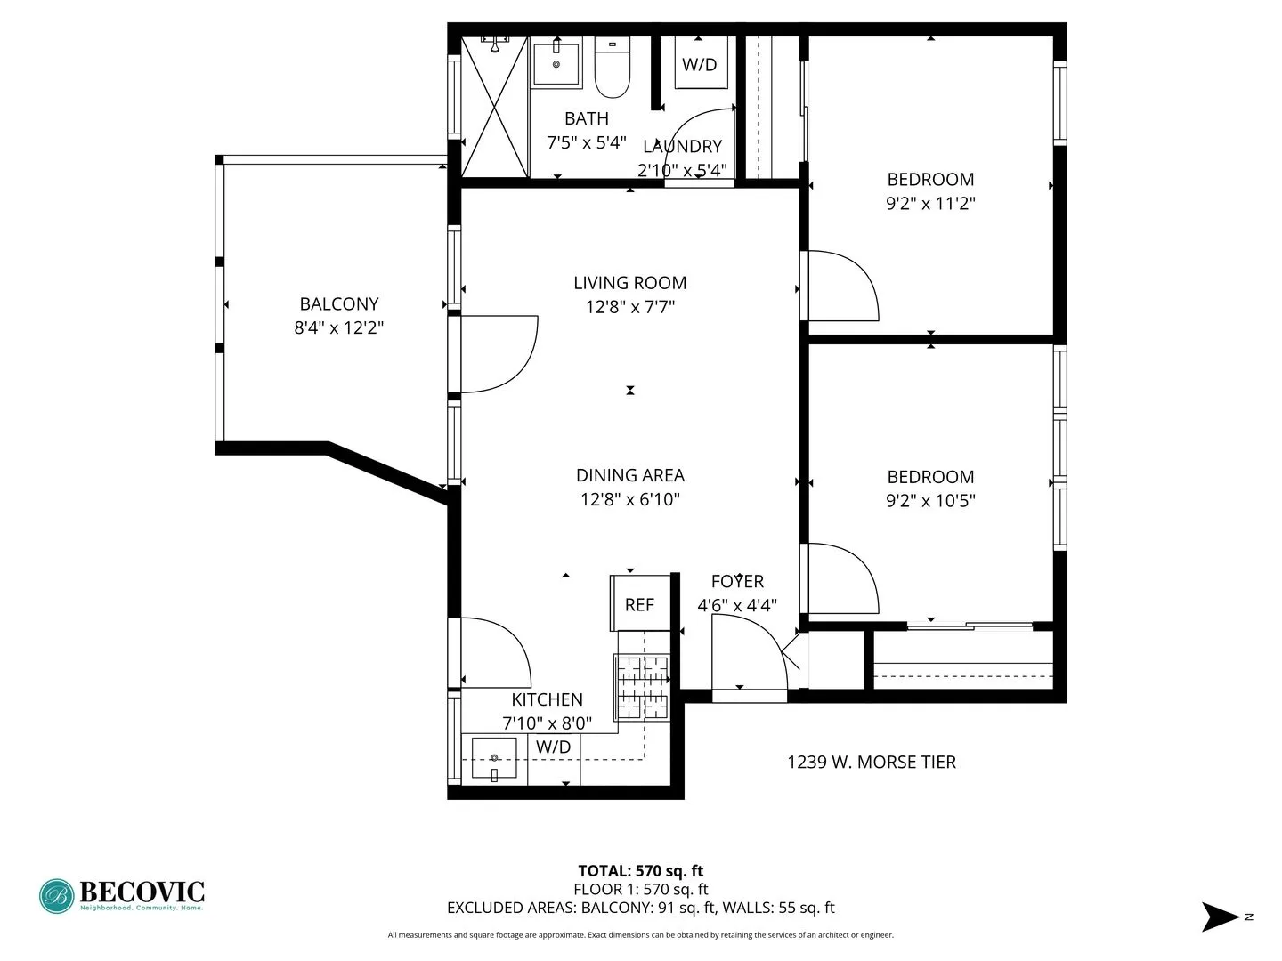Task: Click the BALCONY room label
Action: (x=338, y=304)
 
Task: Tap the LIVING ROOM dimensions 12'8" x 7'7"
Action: (x=630, y=308)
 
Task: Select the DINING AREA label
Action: (x=630, y=475)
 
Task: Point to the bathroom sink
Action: (x=556, y=62)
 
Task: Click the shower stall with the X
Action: (x=495, y=107)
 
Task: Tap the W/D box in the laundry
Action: (x=700, y=64)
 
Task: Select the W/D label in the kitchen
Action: (x=553, y=747)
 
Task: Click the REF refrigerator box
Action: (x=640, y=604)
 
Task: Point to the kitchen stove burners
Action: (x=642, y=687)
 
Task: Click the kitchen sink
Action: (x=494, y=759)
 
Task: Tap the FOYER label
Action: (x=737, y=582)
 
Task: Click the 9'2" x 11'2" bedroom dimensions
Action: (x=930, y=204)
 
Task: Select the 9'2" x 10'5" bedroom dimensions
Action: (x=930, y=501)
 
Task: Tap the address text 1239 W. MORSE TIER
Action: (x=872, y=763)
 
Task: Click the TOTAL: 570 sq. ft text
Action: (x=641, y=871)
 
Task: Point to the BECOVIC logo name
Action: (x=142, y=892)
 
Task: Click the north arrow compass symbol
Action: (x=1221, y=917)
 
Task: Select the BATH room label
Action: (x=587, y=118)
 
